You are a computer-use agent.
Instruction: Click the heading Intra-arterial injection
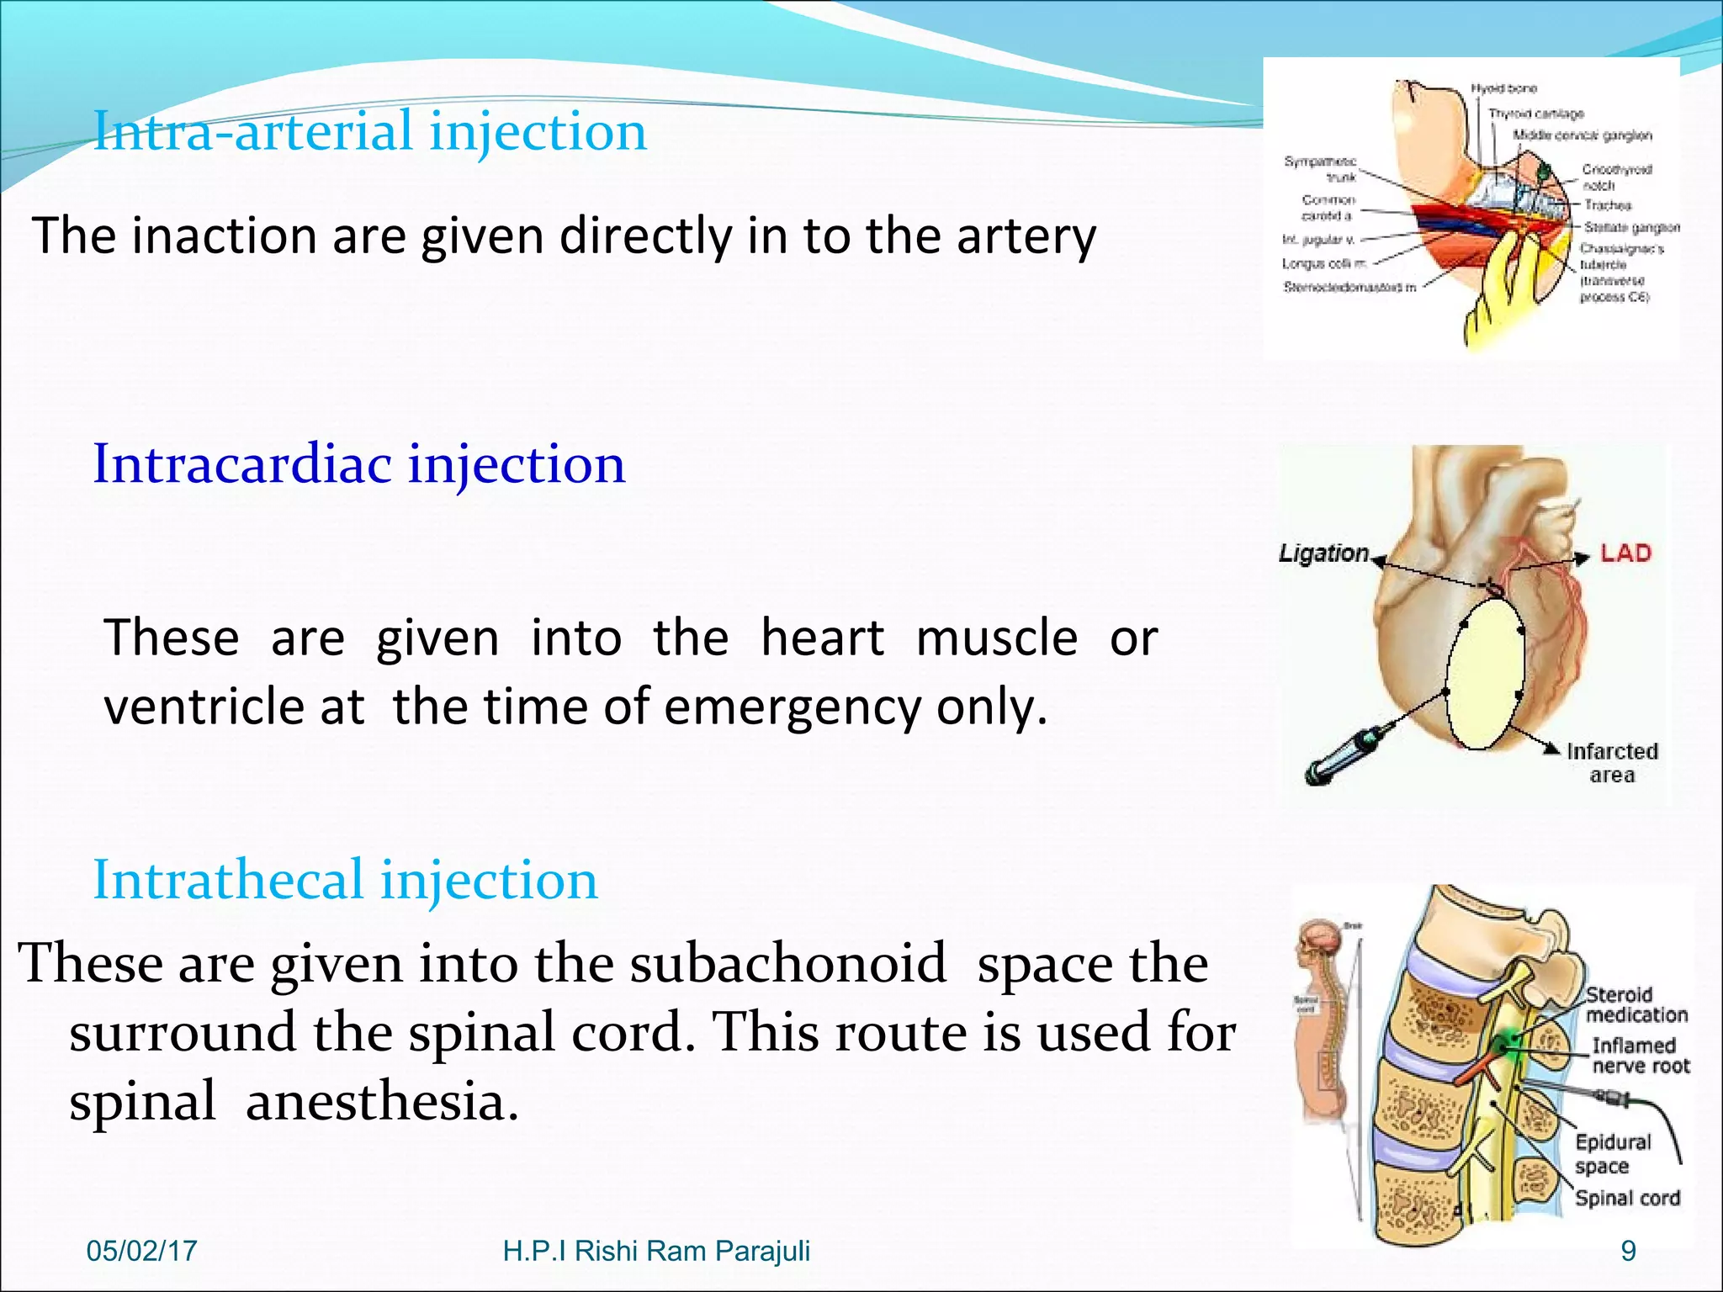[x=370, y=132]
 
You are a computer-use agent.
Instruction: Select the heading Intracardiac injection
[x=359, y=464]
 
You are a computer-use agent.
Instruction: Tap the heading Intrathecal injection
[x=345, y=881]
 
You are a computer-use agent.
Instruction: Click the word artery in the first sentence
[x=1026, y=236]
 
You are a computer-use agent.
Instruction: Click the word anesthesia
[x=382, y=1103]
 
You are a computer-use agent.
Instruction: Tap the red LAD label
[x=1625, y=553]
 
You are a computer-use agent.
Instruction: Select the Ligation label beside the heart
[x=1323, y=553]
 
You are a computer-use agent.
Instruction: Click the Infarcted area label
[x=1612, y=763]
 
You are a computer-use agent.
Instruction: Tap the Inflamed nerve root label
[x=1640, y=1056]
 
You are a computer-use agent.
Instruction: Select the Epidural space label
[x=1612, y=1153]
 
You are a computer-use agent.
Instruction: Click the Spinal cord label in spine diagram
[x=1627, y=1199]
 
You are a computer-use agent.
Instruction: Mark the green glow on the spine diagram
[x=1510, y=1043]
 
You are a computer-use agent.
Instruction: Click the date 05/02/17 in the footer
[x=141, y=1251]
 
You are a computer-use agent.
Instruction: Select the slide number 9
[x=1629, y=1251]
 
